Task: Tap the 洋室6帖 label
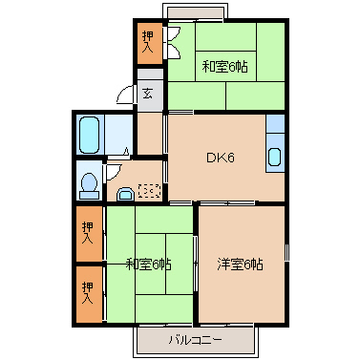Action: point(240,265)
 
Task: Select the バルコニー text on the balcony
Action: point(196,339)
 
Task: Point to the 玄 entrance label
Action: point(148,93)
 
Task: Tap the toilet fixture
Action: point(88,181)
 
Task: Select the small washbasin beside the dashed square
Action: point(125,194)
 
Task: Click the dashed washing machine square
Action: point(149,190)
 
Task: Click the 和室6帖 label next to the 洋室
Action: point(149,265)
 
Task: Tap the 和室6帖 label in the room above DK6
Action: point(226,67)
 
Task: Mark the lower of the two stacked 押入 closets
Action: point(88,288)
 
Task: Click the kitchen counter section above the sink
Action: point(274,125)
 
